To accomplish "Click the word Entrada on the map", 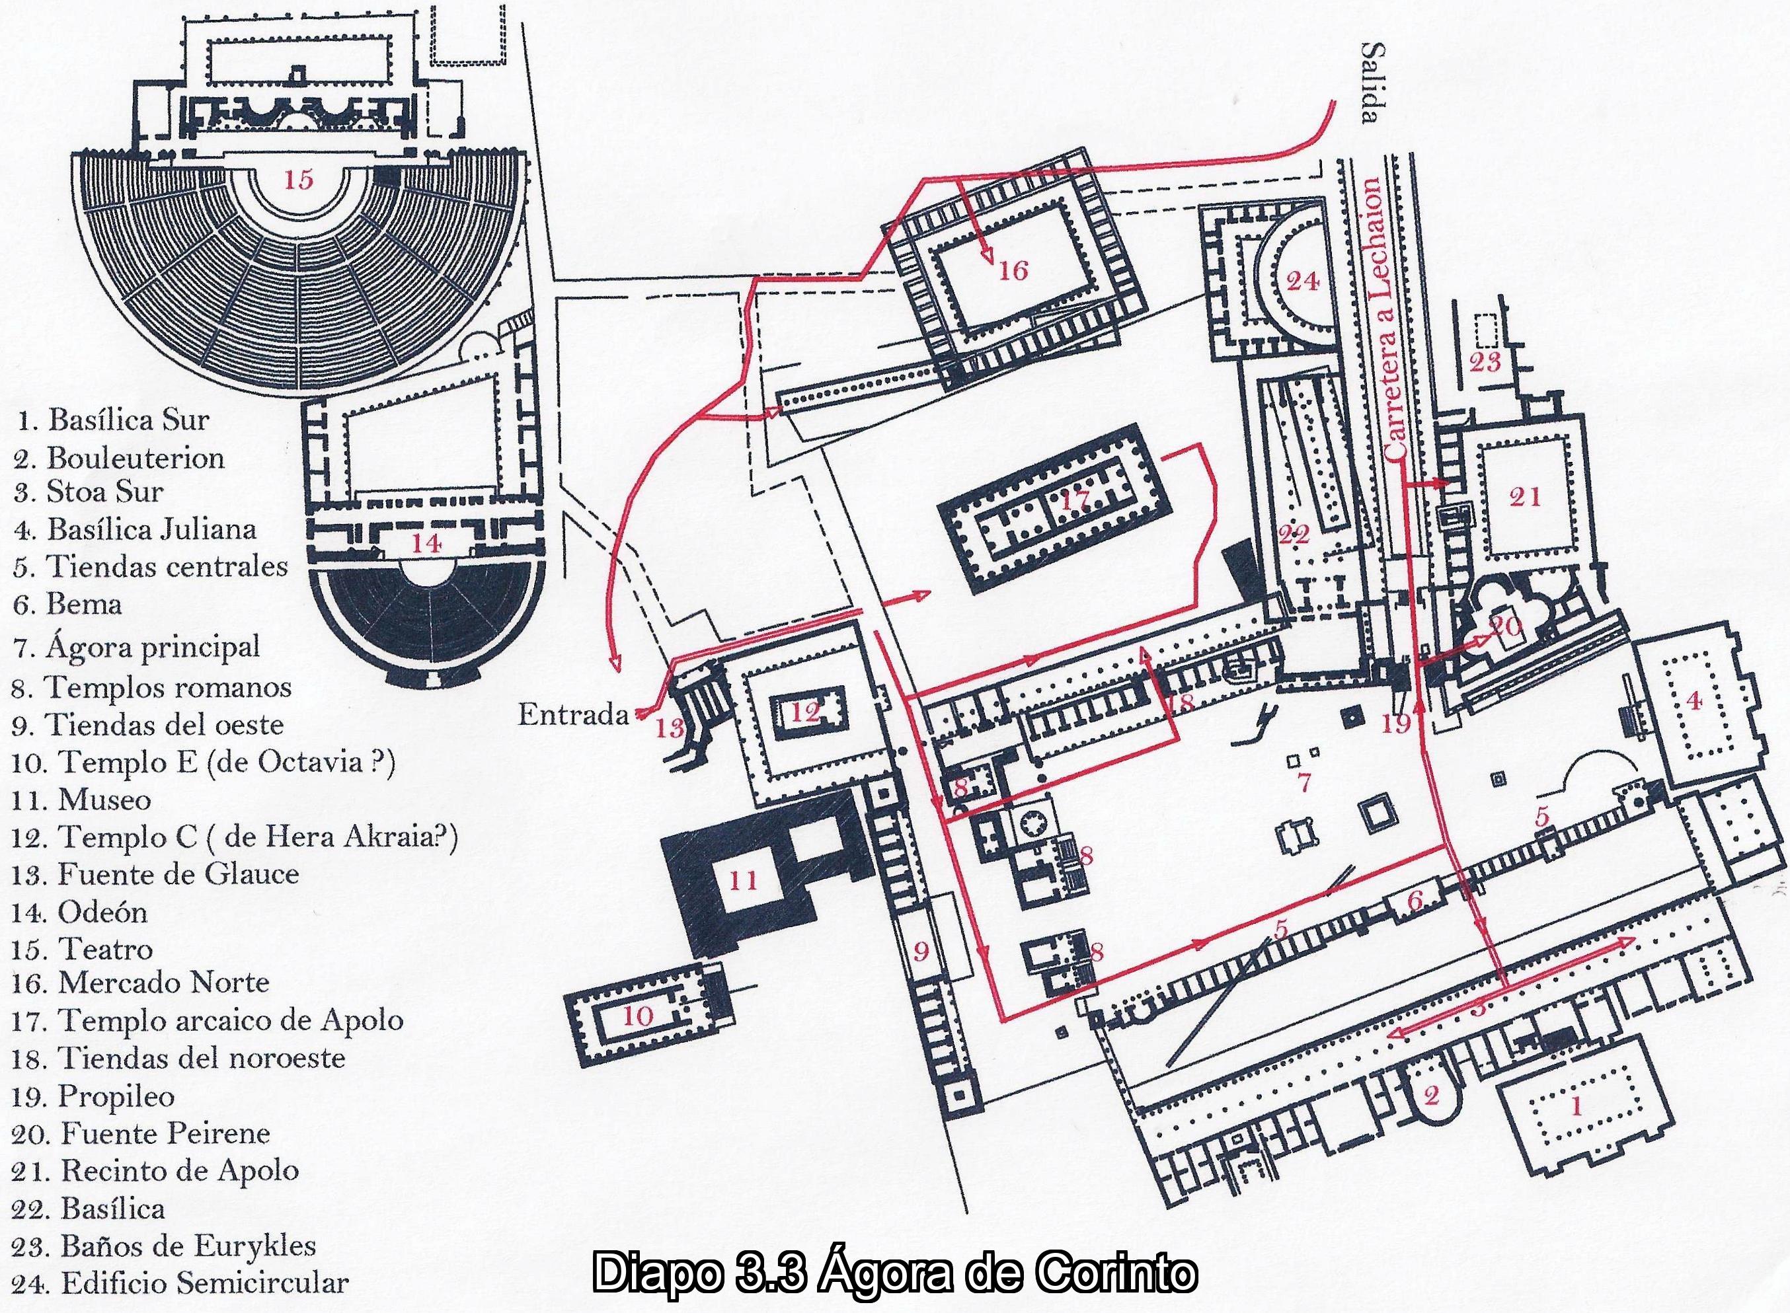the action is [x=573, y=716].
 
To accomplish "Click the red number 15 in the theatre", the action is [x=299, y=180].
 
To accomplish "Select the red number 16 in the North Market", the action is [x=1013, y=270].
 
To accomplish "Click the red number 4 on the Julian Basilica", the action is [x=1693, y=700].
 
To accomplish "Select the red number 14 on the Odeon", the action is [x=426, y=544].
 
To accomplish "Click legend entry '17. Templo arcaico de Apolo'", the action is [x=208, y=1020].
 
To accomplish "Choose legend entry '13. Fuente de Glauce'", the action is [x=155, y=874].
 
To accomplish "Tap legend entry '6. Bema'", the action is [x=67, y=605].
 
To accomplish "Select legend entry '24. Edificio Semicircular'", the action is [x=180, y=1283].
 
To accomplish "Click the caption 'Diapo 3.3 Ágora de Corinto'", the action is [x=894, y=1273].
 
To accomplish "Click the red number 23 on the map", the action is [x=1485, y=362].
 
